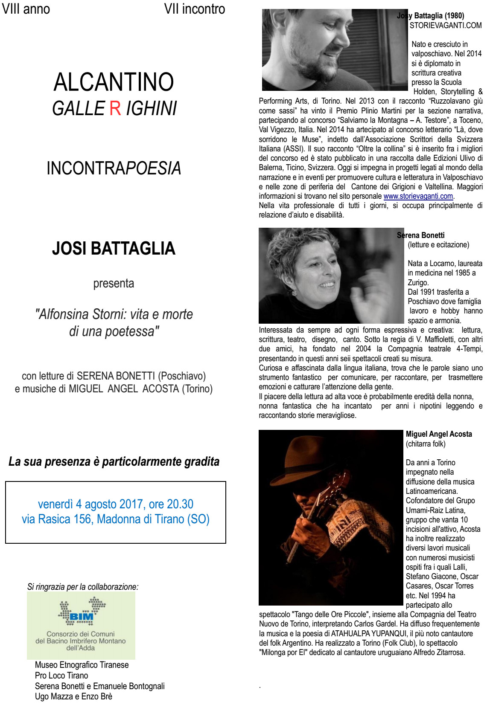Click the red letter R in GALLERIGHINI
(115, 108)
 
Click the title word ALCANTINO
(114, 82)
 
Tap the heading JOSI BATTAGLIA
(114, 248)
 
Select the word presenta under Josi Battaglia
(114, 284)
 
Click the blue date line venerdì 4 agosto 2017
(115, 504)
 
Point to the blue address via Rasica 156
(115, 519)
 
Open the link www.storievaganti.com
(418, 196)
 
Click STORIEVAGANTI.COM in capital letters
(446, 26)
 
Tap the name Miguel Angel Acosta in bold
(439, 434)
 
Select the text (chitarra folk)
(426, 444)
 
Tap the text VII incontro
(195, 9)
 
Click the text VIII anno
(26, 9)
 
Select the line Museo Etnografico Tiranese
(82, 665)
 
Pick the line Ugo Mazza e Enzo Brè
(73, 696)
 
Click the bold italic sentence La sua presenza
(114, 462)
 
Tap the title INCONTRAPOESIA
(114, 168)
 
